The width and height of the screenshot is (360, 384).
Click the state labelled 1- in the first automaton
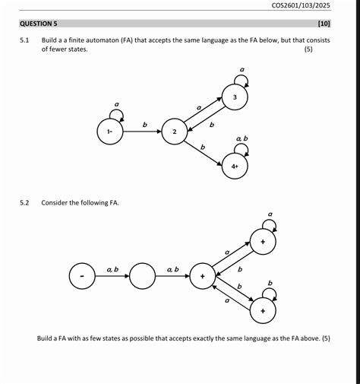tap(110, 132)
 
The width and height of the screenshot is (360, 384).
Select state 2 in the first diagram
tap(175, 132)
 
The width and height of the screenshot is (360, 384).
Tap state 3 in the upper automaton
tap(235, 97)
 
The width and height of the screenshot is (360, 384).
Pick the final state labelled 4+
tap(235, 166)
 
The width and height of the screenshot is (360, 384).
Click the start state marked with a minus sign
tap(82, 276)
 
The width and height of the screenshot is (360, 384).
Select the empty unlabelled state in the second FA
tap(142, 276)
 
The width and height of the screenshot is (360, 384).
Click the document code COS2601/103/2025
tap(301, 5)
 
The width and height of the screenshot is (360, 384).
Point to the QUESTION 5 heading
tap(39, 24)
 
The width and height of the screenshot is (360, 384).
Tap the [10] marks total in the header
tap(324, 24)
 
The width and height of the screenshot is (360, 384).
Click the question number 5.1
tap(24, 40)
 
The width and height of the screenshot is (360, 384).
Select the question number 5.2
tap(24, 203)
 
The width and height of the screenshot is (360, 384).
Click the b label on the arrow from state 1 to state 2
tap(145, 125)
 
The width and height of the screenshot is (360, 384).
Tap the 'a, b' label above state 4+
tap(242, 138)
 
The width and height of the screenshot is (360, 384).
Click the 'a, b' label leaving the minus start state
tap(112, 269)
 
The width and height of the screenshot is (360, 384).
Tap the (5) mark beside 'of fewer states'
tap(308, 49)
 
